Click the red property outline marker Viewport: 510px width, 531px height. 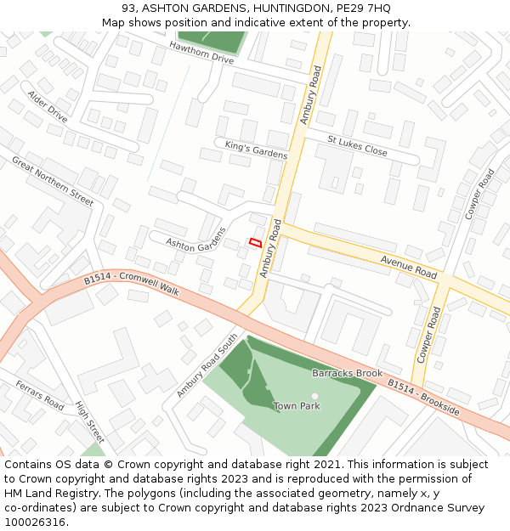[253, 242]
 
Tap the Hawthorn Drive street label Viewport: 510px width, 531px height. [201, 52]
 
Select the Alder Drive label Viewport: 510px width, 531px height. [47, 106]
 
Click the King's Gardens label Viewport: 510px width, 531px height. [256, 150]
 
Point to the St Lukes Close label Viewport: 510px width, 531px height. [357, 145]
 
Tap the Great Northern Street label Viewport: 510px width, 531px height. [53, 180]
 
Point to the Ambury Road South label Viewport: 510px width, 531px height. [207, 366]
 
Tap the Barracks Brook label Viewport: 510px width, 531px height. [347, 373]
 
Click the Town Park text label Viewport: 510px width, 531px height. [297, 406]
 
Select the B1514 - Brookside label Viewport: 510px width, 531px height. [424, 398]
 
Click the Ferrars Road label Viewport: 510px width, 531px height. [39, 396]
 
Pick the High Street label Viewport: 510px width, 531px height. [89, 422]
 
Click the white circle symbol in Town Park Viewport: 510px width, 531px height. [314, 396]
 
